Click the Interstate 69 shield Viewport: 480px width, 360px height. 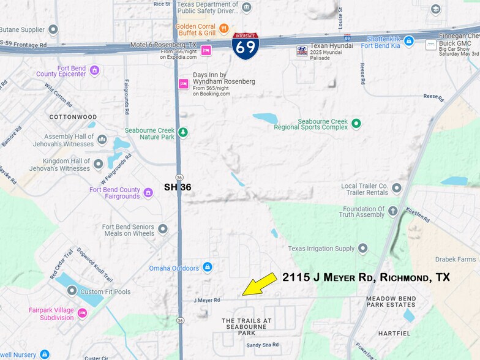[245, 46]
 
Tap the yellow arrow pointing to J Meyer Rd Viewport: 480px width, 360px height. [260, 283]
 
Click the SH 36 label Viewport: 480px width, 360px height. [178, 187]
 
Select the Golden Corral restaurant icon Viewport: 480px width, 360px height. [224, 27]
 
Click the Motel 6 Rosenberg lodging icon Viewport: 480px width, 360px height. [206, 50]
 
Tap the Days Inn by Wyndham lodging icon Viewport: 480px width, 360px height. [183, 84]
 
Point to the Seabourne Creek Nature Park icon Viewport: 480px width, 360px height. [182, 132]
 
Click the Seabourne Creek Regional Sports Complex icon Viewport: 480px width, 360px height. [356, 123]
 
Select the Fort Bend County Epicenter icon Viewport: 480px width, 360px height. [94, 70]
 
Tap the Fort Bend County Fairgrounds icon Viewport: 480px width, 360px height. [148, 193]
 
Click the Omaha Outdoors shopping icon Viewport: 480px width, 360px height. [208, 268]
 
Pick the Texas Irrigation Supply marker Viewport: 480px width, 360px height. [363, 248]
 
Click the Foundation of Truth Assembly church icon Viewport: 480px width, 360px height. [393, 211]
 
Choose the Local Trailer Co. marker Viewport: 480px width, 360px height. [397, 188]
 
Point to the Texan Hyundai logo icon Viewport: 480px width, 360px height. [301, 50]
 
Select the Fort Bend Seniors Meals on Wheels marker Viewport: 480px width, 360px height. [163, 229]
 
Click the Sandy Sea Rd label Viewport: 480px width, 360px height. [262, 345]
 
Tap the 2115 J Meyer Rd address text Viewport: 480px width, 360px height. [366, 277]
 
